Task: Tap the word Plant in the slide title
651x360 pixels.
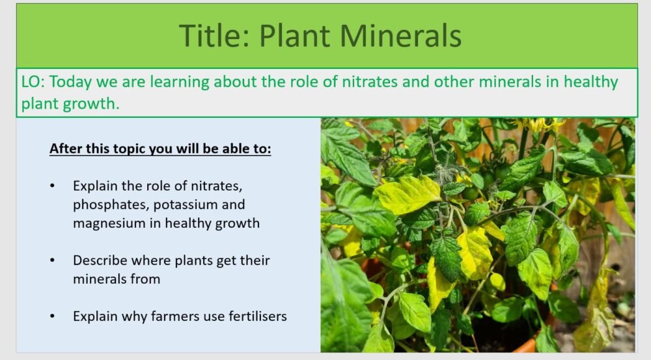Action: pyautogui.click(x=294, y=36)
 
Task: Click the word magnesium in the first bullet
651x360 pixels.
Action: pyautogui.click(x=107, y=223)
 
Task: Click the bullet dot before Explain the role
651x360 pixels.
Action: pyautogui.click(x=53, y=186)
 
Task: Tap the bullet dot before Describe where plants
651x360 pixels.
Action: pyautogui.click(x=53, y=260)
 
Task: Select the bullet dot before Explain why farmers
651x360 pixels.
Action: pyautogui.click(x=53, y=317)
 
